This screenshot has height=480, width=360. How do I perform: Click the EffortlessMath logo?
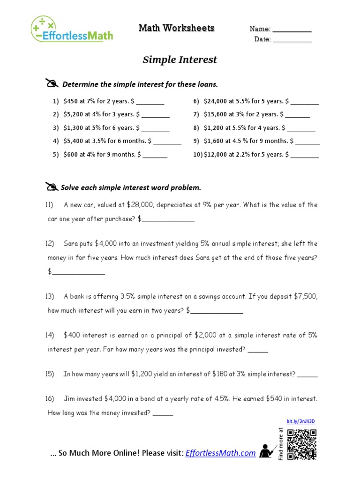(72, 29)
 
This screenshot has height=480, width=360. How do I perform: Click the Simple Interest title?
(180, 60)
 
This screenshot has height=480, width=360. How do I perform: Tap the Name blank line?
(292, 30)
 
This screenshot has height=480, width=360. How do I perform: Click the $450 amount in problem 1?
(71, 101)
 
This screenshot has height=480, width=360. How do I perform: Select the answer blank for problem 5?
(155, 155)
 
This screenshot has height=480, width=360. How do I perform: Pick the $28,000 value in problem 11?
(140, 205)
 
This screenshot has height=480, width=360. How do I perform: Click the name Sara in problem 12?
(71, 244)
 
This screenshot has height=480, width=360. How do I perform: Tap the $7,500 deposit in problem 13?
(306, 296)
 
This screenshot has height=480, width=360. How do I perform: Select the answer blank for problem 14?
(257, 350)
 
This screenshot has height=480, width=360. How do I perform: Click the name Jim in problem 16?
(69, 399)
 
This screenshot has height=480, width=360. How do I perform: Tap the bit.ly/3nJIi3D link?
(300, 421)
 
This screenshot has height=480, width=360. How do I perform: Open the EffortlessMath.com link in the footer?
(221, 453)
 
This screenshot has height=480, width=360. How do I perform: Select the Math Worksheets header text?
(176, 29)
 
